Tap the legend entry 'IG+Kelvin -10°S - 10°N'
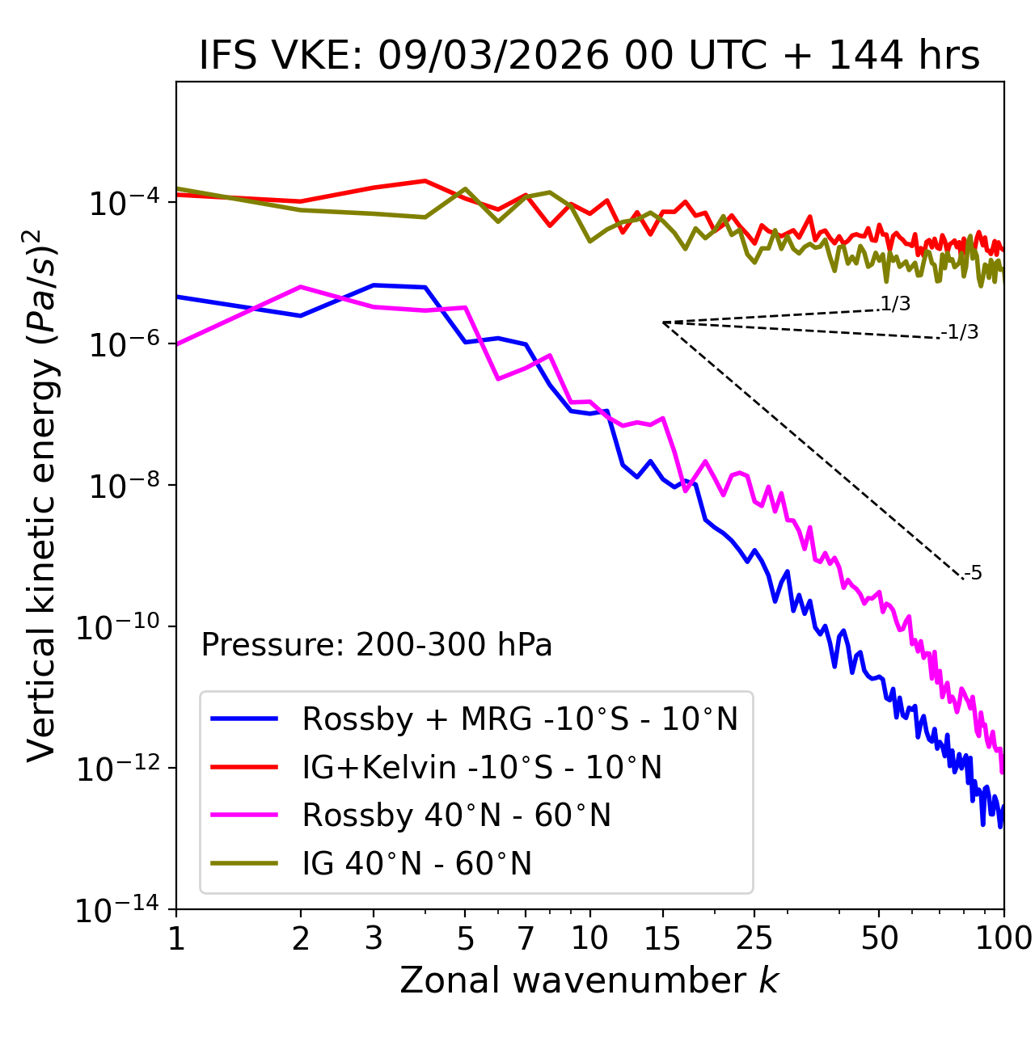(482, 767)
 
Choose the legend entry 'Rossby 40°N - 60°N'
(456, 816)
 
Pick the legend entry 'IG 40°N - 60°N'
(416, 864)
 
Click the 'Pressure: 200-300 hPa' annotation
(376, 645)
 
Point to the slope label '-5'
(973, 574)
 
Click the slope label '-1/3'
(961, 332)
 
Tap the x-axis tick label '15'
(662, 938)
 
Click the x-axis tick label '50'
(879, 938)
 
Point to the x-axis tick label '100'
(1003, 938)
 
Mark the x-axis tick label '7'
(526, 938)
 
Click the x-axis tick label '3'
(374, 938)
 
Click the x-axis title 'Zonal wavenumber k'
(589, 980)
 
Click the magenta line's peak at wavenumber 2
(301, 287)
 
